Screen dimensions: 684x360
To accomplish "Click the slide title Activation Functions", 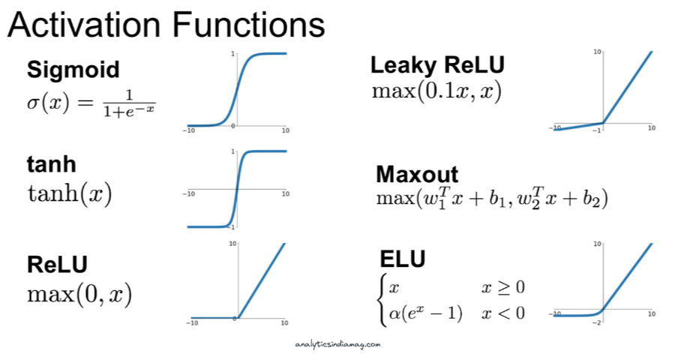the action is [x=166, y=25].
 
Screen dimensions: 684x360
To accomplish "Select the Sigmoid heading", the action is [x=73, y=70].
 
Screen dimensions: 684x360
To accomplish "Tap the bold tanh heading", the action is [x=52, y=164].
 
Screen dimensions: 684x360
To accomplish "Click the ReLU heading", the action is [x=57, y=264].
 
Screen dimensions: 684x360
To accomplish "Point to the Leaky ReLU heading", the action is [x=437, y=65].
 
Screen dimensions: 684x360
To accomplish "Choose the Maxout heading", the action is [x=417, y=175].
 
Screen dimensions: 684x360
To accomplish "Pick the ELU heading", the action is [x=402, y=259].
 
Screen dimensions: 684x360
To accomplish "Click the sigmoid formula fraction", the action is [x=129, y=103].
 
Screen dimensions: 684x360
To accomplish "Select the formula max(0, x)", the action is [x=79, y=295].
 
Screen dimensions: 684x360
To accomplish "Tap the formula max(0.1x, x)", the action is [x=436, y=91].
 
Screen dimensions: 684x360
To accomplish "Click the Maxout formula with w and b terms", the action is [x=492, y=198].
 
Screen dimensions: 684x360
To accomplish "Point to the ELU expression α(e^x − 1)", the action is [x=425, y=313].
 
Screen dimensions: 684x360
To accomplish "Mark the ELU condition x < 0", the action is [x=503, y=313].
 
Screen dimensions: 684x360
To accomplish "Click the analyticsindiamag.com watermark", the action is [x=337, y=345].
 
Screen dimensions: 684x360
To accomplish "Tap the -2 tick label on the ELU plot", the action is [x=596, y=322].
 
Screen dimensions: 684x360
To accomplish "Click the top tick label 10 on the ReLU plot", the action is [x=232, y=243].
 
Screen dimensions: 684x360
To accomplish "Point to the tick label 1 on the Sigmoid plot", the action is [x=232, y=54].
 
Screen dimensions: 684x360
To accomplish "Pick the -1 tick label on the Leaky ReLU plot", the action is [x=597, y=130].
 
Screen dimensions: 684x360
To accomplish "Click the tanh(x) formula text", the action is [x=70, y=193].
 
